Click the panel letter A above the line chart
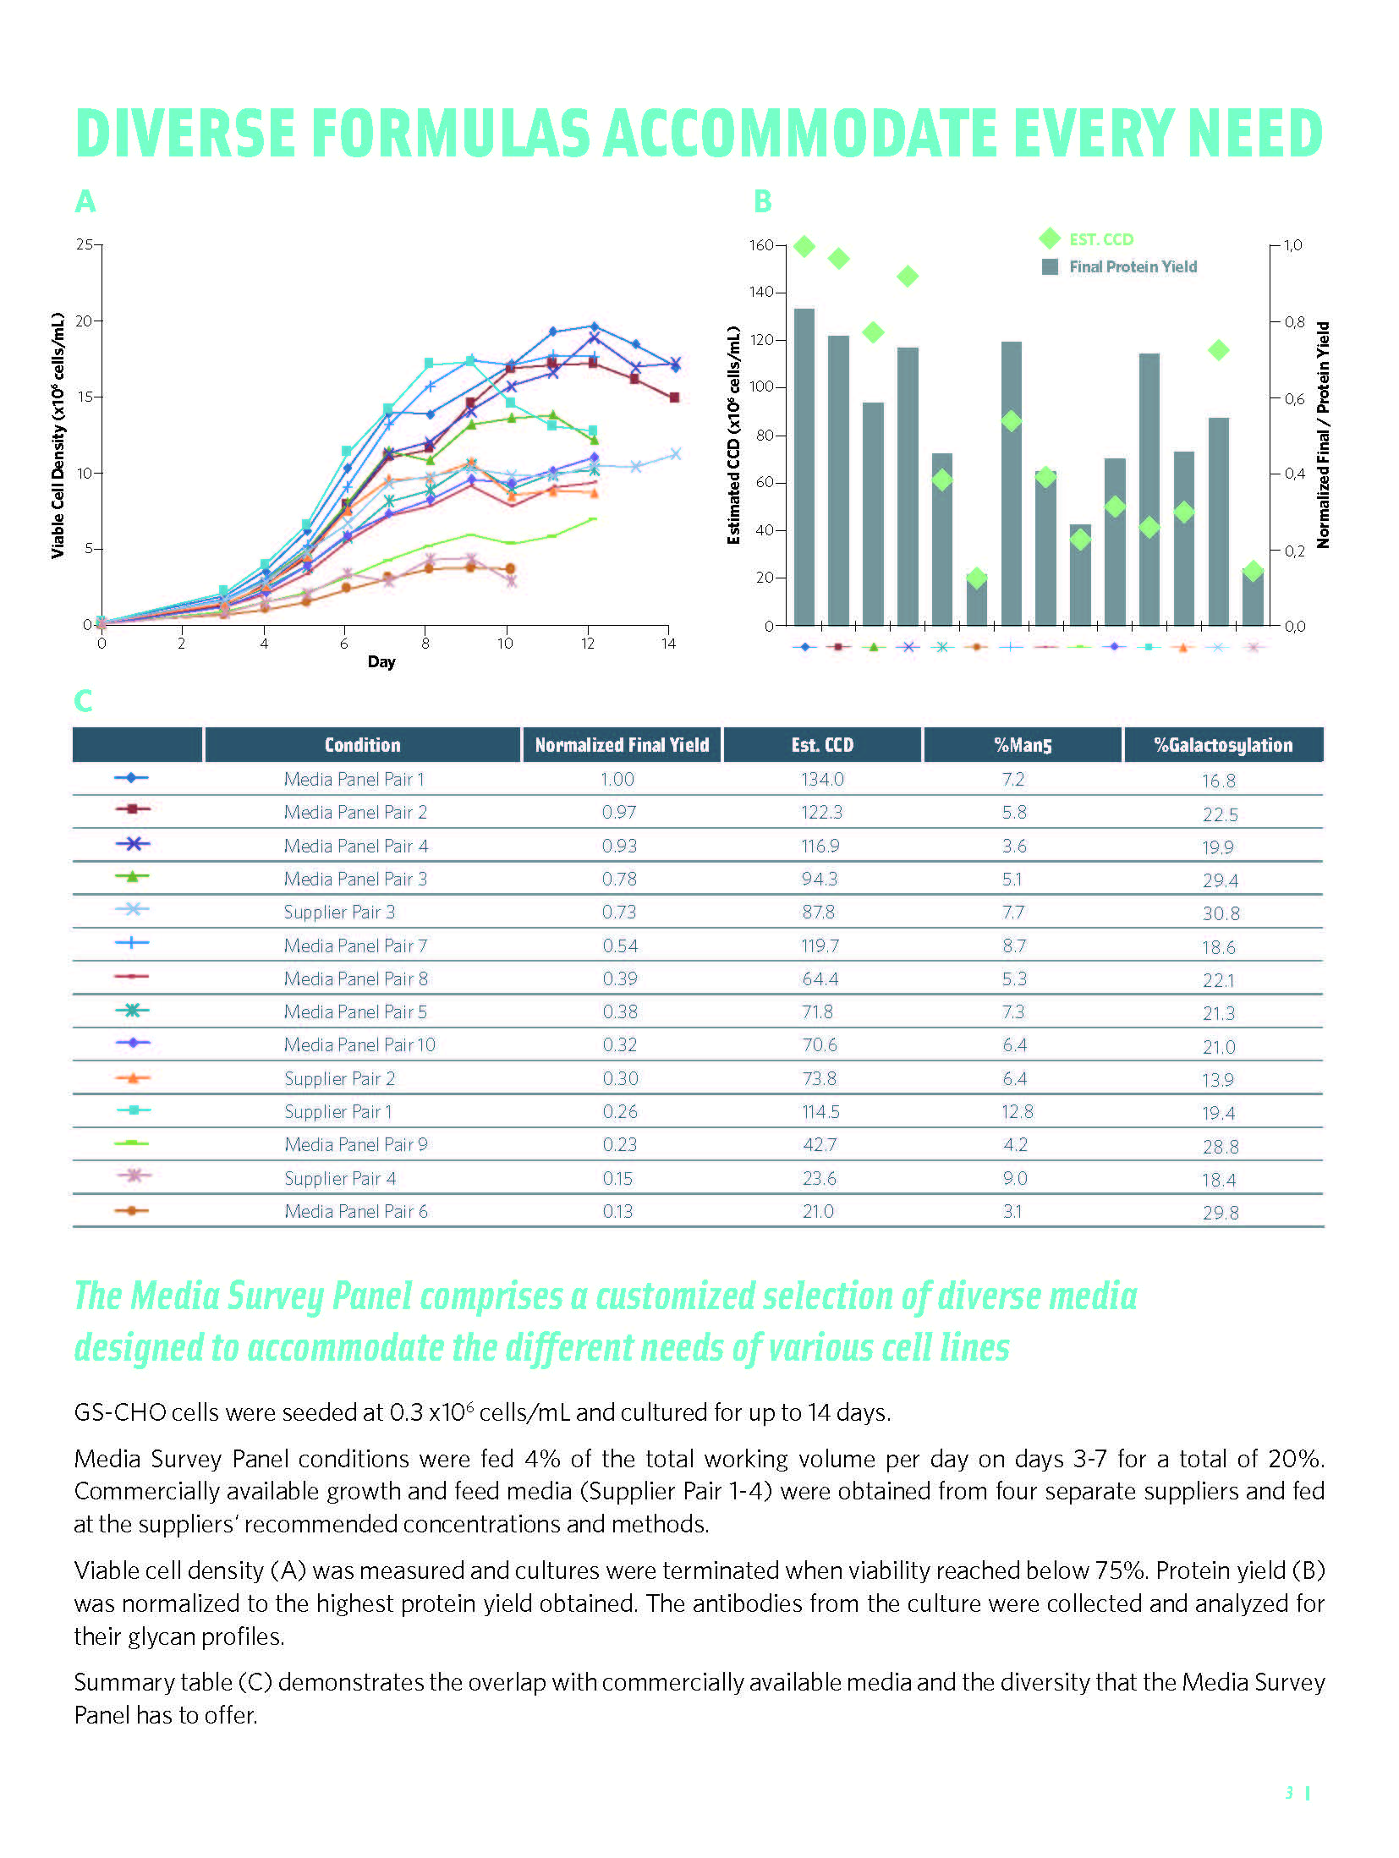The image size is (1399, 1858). (x=85, y=201)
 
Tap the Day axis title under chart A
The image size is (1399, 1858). (x=381, y=661)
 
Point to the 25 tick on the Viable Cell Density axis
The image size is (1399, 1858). (x=85, y=244)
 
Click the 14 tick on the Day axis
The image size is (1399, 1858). (x=668, y=644)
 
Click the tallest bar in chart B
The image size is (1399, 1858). (x=804, y=466)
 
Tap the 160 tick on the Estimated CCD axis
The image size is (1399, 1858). (x=761, y=245)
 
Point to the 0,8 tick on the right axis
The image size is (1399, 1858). (x=1294, y=322)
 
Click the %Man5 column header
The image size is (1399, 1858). (x=1023, y=745)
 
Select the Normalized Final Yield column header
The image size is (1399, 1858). (x=622, y=745)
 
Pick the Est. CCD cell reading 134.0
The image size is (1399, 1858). (x=822, y=779)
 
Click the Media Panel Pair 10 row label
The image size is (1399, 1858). (x=359, y=1045)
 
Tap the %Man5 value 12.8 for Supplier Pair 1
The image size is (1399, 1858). (x=1017, y=1111)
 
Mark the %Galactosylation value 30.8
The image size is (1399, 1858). (x=1221, y=913)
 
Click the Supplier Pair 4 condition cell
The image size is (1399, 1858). (x=340, y=1178)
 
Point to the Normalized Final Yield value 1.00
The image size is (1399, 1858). (x=617, y=779)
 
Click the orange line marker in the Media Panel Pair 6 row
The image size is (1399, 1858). (x=132, y=1211)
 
